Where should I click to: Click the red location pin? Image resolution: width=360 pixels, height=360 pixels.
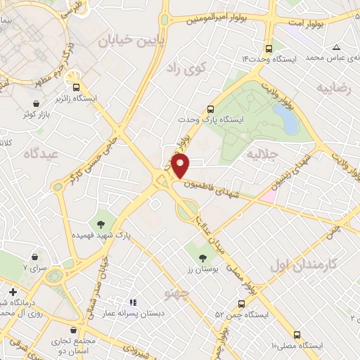click(181, 166)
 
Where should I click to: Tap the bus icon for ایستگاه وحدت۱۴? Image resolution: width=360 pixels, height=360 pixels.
click(268, 49)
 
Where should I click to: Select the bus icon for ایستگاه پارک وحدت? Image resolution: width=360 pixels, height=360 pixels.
click(210, 109)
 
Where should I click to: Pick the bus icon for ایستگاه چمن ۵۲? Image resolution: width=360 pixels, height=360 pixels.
click(242, 304)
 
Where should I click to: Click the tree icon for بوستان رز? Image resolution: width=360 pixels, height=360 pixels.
click(202, 259)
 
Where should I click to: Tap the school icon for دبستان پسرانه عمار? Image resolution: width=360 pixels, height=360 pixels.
click(133, 302)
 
